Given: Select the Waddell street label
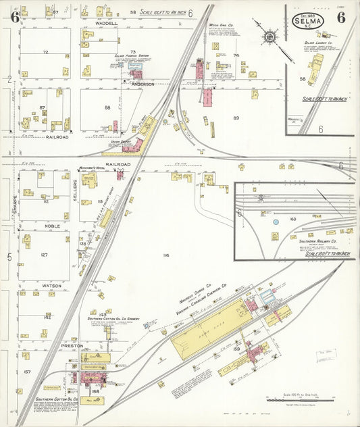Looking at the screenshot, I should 106,23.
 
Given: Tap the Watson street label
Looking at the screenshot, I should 52,286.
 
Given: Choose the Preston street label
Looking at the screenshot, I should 72,345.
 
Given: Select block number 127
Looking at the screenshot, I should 45,255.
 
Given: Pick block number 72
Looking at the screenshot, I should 45,51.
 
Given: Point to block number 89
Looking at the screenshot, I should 236,118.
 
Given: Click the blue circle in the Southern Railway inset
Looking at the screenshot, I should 276,221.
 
